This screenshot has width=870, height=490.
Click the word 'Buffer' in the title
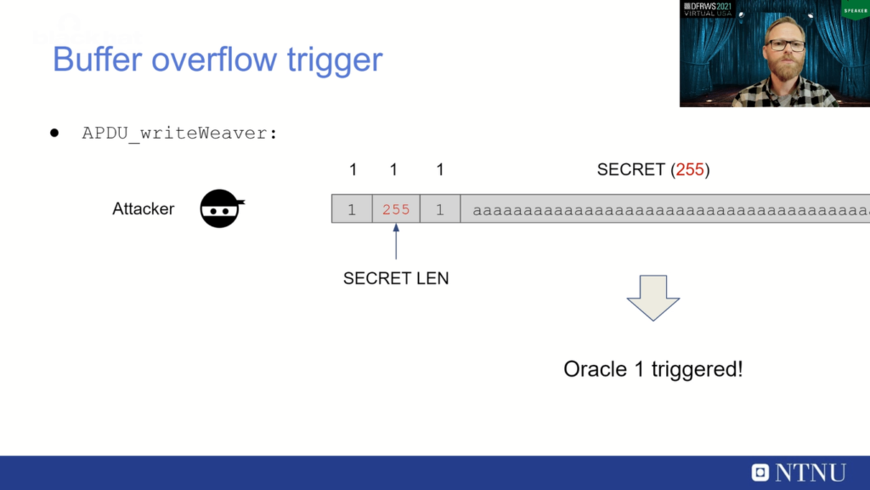point(93,60)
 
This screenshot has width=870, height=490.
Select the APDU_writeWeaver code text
point(180,134)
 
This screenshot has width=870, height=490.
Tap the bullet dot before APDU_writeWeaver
point(54,134)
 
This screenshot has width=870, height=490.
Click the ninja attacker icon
point(222,208)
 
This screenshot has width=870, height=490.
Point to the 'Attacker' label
point(143,208)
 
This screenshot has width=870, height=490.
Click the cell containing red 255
point(396,209)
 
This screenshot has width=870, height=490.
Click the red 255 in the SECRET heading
point(690,169)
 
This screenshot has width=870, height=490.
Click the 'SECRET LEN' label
point(396,278)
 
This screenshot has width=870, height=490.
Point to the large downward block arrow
point(652,297)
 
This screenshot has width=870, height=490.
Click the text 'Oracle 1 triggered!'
point(652,369)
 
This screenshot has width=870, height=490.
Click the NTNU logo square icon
point(760,472)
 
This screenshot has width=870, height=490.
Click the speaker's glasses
point(785,44)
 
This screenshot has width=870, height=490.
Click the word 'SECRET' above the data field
point(632,169)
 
